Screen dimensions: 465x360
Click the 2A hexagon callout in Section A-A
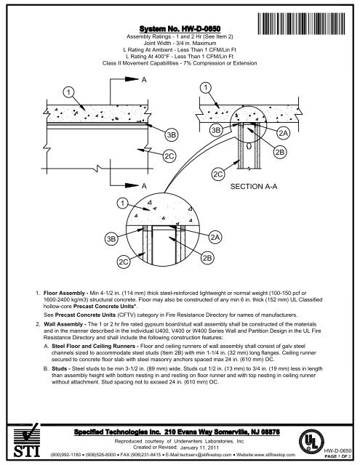[x=284, y=134]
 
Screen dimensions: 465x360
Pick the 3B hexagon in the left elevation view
[x=172, y=135]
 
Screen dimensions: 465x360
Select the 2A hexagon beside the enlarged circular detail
[x=215, y=238]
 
